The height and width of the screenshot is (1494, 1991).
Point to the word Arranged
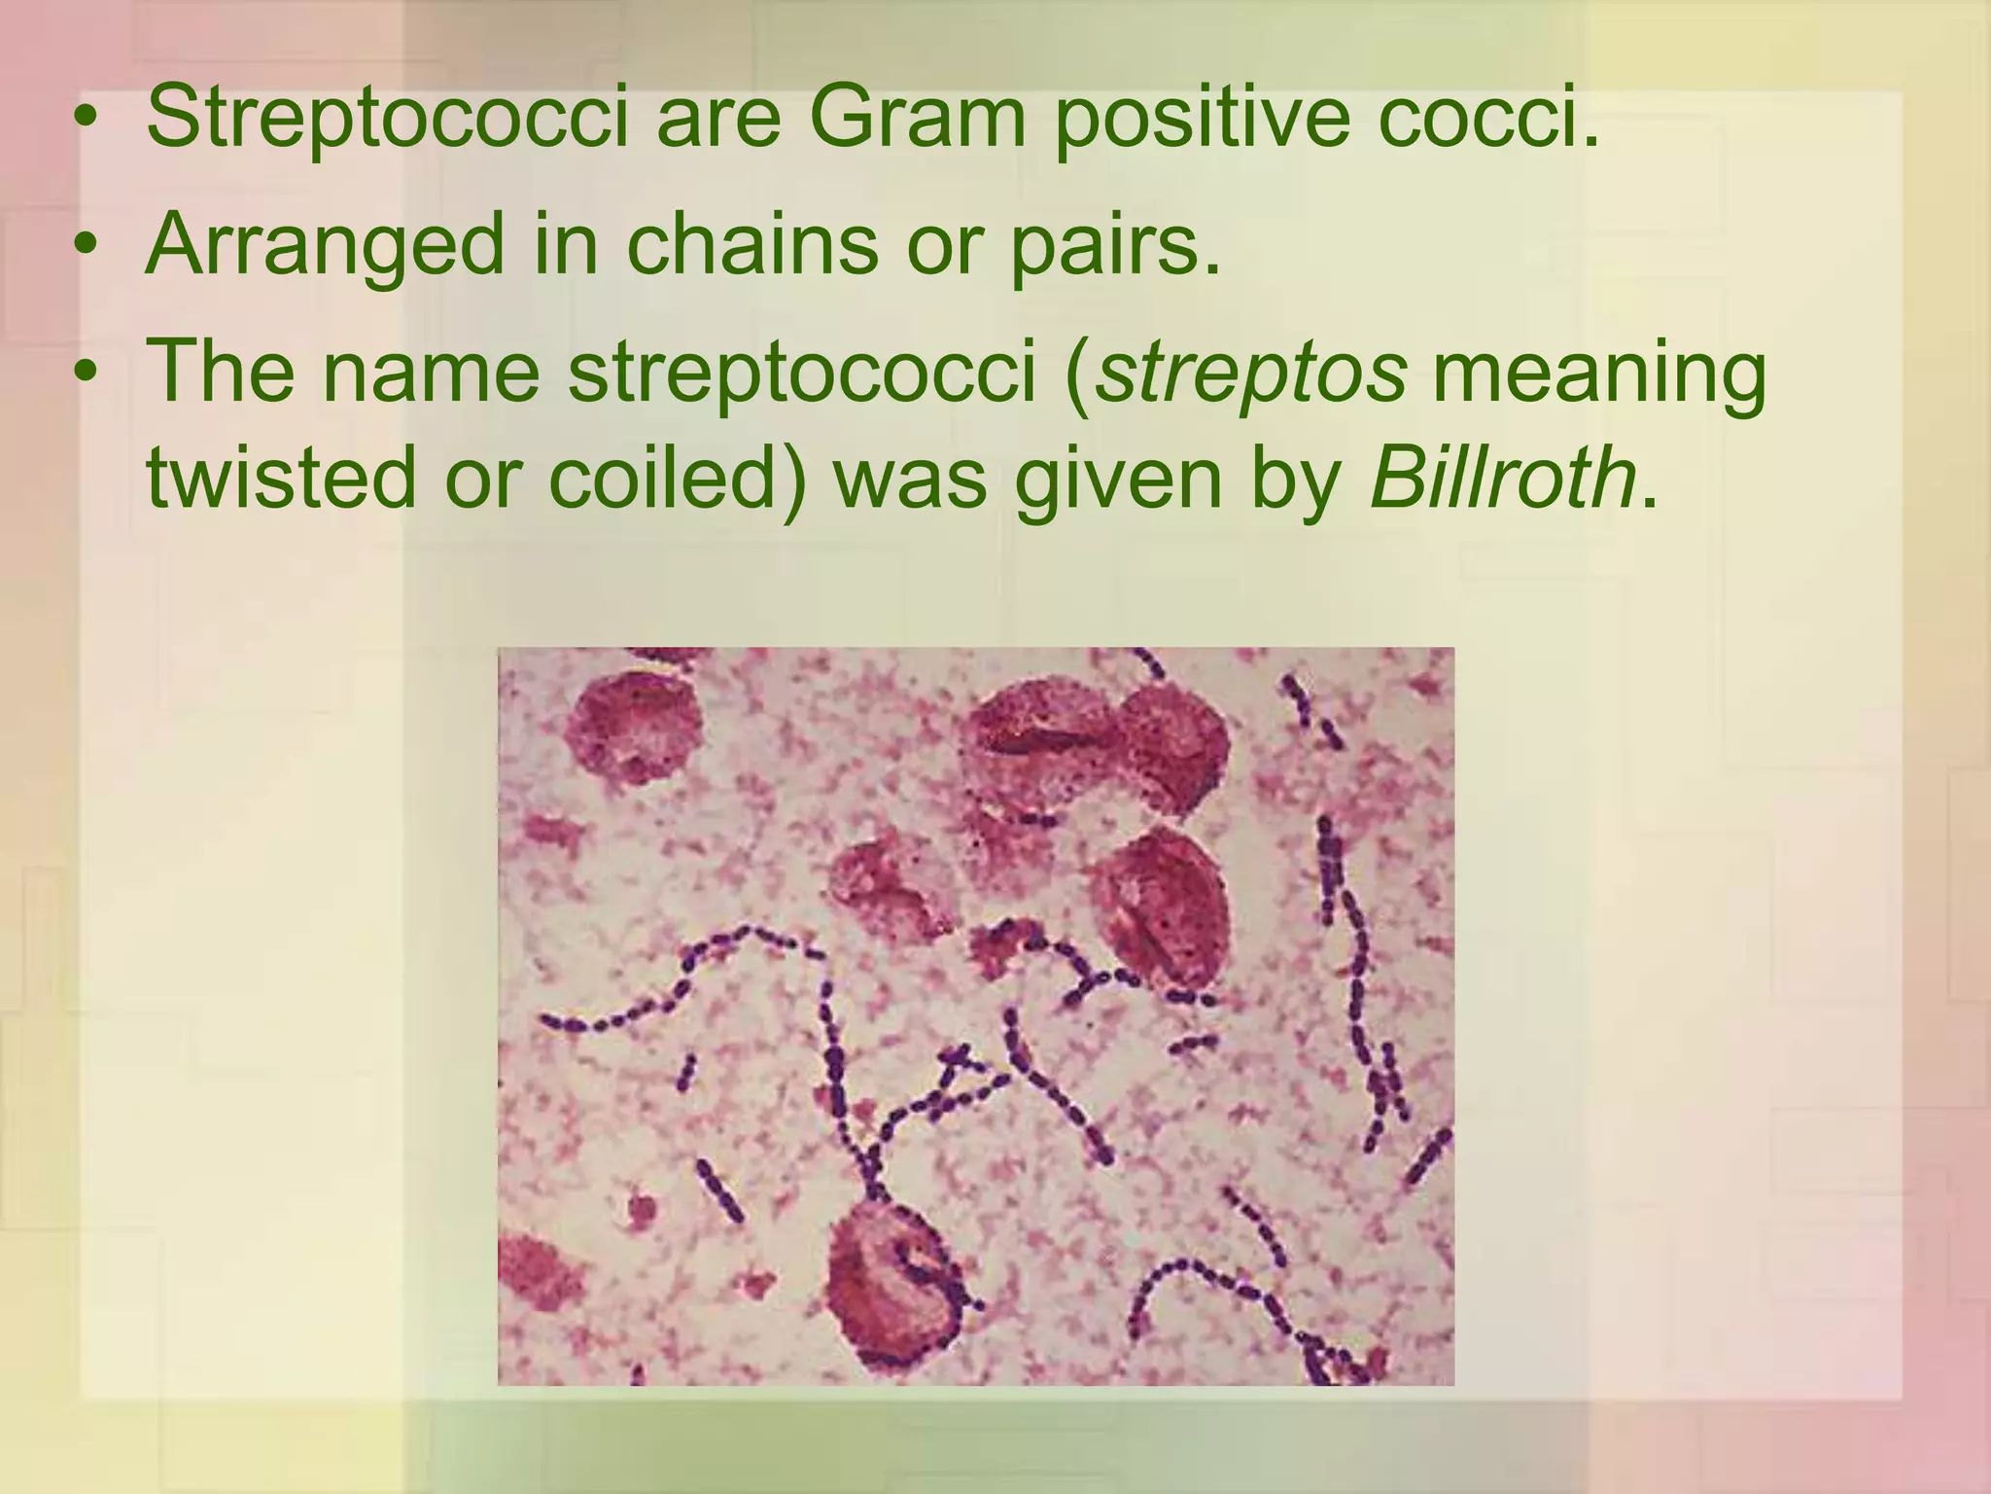tap(326, 245)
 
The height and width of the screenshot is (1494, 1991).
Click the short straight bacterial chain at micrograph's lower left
tap(719, 1190)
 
